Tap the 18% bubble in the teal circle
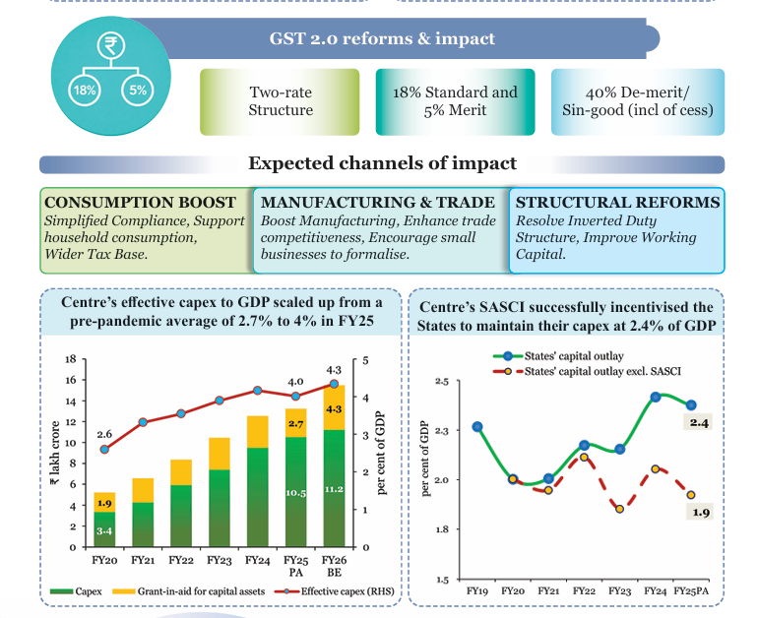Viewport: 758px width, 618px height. pyautogui.click(x=84, y=91)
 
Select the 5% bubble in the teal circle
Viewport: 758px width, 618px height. pyautogui.click(x=137, y=91)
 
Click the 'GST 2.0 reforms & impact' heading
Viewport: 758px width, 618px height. pyautogui.click(x=382, y=40)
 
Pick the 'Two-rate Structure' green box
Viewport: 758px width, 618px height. pyautogui.click(x=281, y=101)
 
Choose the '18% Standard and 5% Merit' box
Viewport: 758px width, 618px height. pyautogui.click(x=455, y=101)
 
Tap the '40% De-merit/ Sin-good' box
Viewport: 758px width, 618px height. pyautogui.click(x=637, y=101)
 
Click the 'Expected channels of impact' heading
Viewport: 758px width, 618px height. pyautogui.click(x=382, y=163)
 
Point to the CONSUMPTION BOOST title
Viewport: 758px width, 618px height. pyautogui.click(x=141, y=203)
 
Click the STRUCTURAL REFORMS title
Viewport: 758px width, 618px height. pyautogui.click(x=617, y=203)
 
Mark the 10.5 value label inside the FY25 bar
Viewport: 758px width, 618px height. pyautogui.click(x=296, y=492)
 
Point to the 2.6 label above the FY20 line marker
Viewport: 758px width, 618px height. pyautogui.click(x=105, y=434)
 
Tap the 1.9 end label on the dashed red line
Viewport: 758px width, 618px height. pyautogui.click(x=699, y=512)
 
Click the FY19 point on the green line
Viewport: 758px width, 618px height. pyautogui.click(x=476, y=427)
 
